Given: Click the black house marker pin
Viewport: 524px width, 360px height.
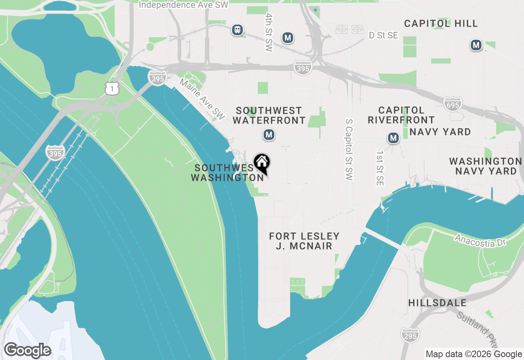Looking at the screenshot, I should coord(262,163).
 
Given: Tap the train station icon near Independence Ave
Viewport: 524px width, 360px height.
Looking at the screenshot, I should coord(237,30).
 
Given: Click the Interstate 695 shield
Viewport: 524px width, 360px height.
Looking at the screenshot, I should coord(453,104).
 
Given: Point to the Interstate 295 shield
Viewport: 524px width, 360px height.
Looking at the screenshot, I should coord(410,335).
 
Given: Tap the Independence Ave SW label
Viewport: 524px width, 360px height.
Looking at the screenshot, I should coord(183,5).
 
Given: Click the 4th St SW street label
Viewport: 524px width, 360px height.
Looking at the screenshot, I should coord(269,32).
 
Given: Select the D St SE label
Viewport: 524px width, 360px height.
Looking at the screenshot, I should coord(383,36).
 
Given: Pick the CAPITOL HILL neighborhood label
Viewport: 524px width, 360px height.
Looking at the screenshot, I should coord(441,24).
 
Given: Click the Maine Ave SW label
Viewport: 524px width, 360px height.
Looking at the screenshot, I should coord(203,100).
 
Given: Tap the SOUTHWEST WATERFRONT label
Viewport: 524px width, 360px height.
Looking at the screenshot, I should coord(269,115).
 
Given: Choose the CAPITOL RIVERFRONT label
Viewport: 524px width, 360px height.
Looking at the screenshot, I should coord(401,115).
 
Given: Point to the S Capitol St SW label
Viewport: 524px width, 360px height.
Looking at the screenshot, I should coord(349,150).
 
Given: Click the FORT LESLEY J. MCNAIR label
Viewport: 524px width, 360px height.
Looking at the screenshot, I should coord(304,241).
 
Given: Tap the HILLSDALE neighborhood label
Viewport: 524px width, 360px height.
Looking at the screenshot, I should coord(437,303).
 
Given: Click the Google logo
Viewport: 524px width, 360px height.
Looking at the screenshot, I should coord(27,350).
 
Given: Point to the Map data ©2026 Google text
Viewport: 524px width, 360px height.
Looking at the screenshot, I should coord(474,354).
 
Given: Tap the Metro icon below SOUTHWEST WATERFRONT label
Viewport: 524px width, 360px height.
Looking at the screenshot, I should coord(269,135).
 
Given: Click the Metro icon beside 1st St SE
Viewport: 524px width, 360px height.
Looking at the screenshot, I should coord(393,138).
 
